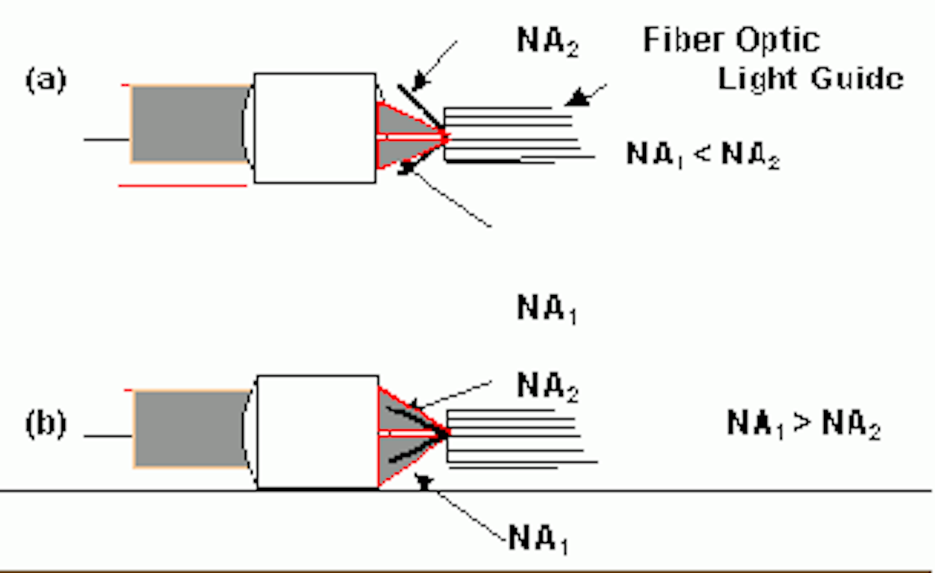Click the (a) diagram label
pos(45,81)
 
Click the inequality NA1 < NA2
pos(703,155)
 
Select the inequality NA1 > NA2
pos(804,424)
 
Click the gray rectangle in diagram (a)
pos(190,123)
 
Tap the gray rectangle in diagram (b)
pos(192,429)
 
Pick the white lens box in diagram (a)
pos(315,128)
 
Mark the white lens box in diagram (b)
pos(318,431)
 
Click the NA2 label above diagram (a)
pos(547,42)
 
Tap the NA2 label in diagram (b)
pos(547,387)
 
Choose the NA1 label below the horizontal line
pos(538,539)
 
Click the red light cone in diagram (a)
pos(406,135)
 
